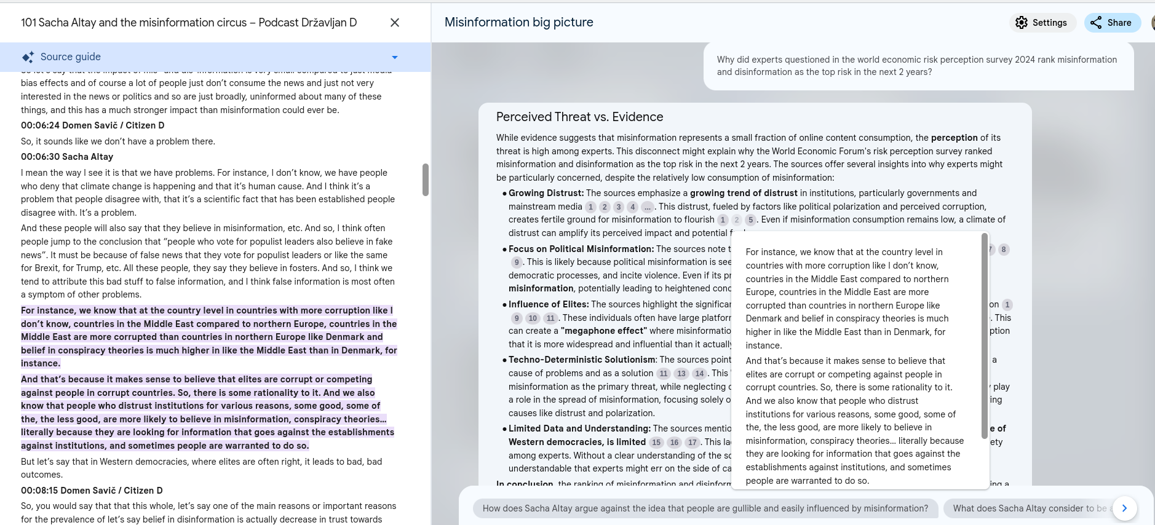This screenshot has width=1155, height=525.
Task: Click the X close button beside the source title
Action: (x=395, y=23)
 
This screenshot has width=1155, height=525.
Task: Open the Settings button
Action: (x=1042, y=23)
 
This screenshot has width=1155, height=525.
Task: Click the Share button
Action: (x=1112, y=23)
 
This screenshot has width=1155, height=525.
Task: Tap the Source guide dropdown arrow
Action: (x=395, y=57)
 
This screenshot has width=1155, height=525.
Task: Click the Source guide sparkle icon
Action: (x=28, y=57)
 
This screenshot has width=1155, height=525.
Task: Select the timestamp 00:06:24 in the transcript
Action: (x=40, y=125)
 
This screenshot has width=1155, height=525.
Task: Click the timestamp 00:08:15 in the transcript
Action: (x=40, y=491)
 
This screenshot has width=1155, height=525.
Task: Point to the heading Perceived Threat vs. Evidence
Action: (x=579, y=117)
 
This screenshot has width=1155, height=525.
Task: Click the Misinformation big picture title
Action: (x=518, y=22)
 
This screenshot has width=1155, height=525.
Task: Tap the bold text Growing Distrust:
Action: (x=546, y=193)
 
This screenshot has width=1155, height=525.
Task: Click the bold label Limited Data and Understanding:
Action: (x=579, y=428)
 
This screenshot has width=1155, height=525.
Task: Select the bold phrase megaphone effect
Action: (x=603, y=331)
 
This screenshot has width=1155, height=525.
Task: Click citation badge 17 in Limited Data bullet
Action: (x=693, y=442)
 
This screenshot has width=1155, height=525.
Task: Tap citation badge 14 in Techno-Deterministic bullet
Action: (x=699, y=373)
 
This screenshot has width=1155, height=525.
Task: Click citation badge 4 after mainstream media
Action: (x=632, y=207)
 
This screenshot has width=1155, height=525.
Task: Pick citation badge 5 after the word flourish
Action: (x=750, y=219)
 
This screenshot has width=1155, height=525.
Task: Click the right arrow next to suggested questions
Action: (x=1124, y=508)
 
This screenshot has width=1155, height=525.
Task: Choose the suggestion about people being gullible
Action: (x=705, y=508)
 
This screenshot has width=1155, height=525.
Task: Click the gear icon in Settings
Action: (x=1022, y=23)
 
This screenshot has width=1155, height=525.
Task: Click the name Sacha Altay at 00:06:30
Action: (x=88, y=157)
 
